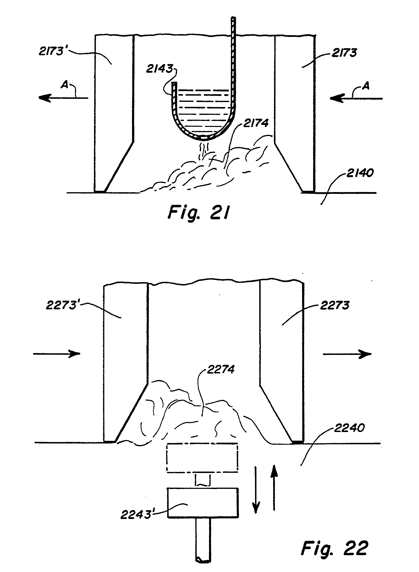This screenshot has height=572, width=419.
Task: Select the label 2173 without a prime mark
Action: (344, 53)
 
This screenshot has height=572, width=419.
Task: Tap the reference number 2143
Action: (160, 69)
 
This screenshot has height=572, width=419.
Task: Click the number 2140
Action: (360, 173)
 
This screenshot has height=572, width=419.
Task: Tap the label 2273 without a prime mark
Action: (335, 305)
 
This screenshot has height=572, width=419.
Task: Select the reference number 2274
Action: (221, 370)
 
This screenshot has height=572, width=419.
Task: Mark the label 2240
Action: (349, 428)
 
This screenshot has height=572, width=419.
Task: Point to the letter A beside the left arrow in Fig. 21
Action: (65, 85)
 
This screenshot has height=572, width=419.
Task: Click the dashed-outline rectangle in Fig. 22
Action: (202, 458)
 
